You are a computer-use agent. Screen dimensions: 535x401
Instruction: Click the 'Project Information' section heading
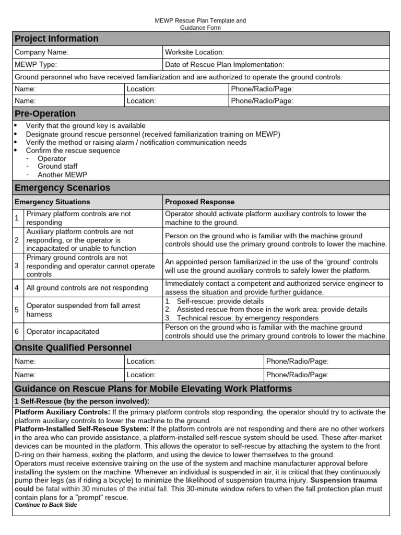(56, 39)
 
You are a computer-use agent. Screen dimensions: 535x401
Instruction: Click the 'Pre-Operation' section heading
(45, 114)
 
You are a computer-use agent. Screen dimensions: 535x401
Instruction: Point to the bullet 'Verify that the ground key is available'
(86, 126)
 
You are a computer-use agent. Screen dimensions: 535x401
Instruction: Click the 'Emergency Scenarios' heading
(62, 188)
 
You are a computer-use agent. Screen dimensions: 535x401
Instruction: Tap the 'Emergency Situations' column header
(52, 202)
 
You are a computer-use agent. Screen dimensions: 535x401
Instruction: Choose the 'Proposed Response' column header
(199, 202)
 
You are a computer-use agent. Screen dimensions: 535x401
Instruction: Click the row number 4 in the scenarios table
(17, 288)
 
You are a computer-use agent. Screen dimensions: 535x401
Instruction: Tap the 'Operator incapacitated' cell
(63, 332)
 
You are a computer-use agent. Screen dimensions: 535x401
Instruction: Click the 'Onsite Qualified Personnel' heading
(73, 348)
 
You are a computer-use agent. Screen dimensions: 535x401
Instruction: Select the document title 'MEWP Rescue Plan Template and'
(200, 20)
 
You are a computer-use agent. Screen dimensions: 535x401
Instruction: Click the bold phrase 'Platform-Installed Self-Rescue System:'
(81, 429)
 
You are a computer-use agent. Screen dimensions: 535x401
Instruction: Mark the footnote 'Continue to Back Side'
(46, 505)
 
